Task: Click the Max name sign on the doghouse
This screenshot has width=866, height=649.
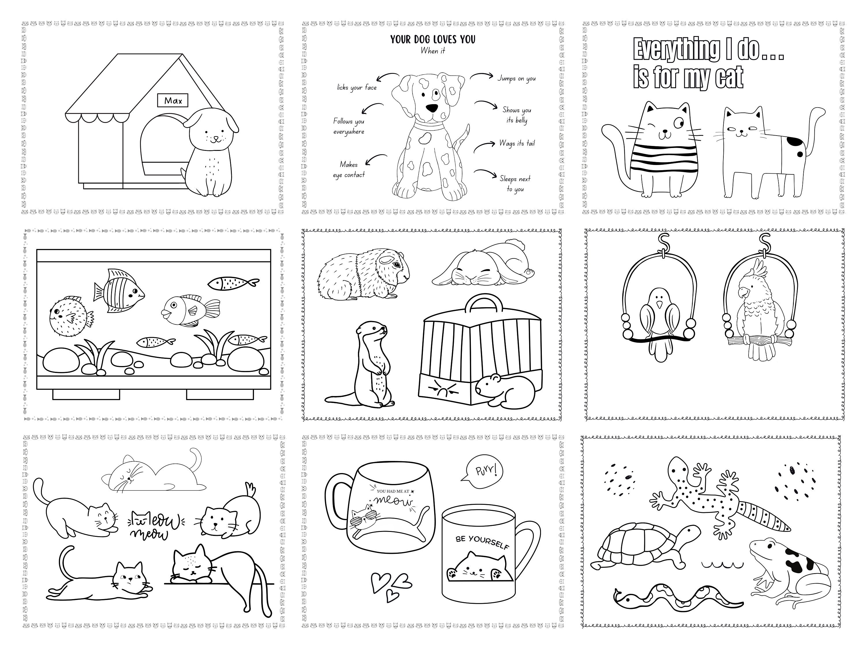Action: pos(173,101)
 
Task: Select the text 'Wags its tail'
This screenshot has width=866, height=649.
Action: pos(517,143)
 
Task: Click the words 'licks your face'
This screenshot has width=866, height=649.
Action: pos(357,87)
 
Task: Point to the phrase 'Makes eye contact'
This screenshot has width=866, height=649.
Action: pos(348,169)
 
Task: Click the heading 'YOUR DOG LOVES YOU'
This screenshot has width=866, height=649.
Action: pos(433,40)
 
